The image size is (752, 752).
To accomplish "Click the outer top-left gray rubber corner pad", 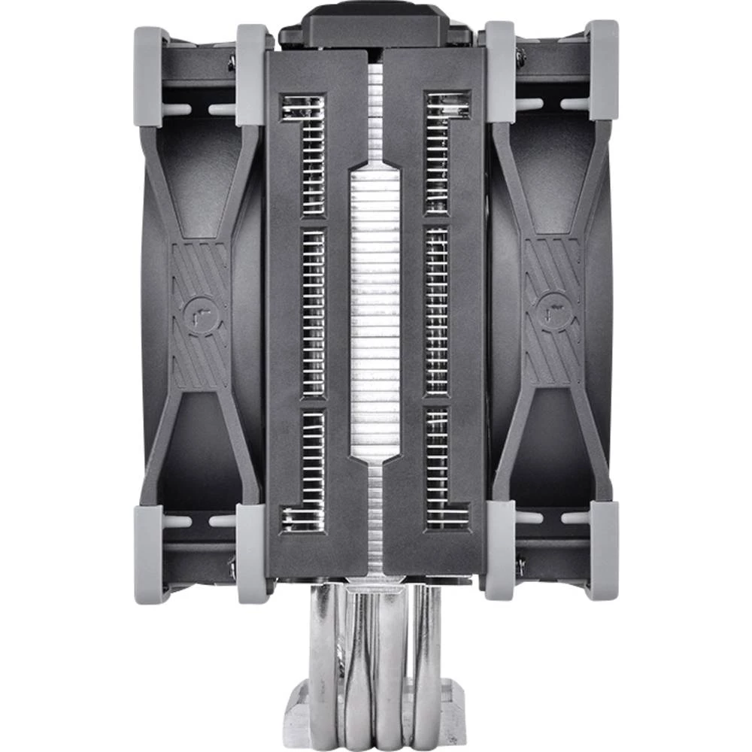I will (151, 75).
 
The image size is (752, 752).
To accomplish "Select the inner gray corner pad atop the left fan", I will (253, 74).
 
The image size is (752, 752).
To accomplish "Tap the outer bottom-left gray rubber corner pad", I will (151, 553).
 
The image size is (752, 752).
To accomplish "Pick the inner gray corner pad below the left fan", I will (253, 553).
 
